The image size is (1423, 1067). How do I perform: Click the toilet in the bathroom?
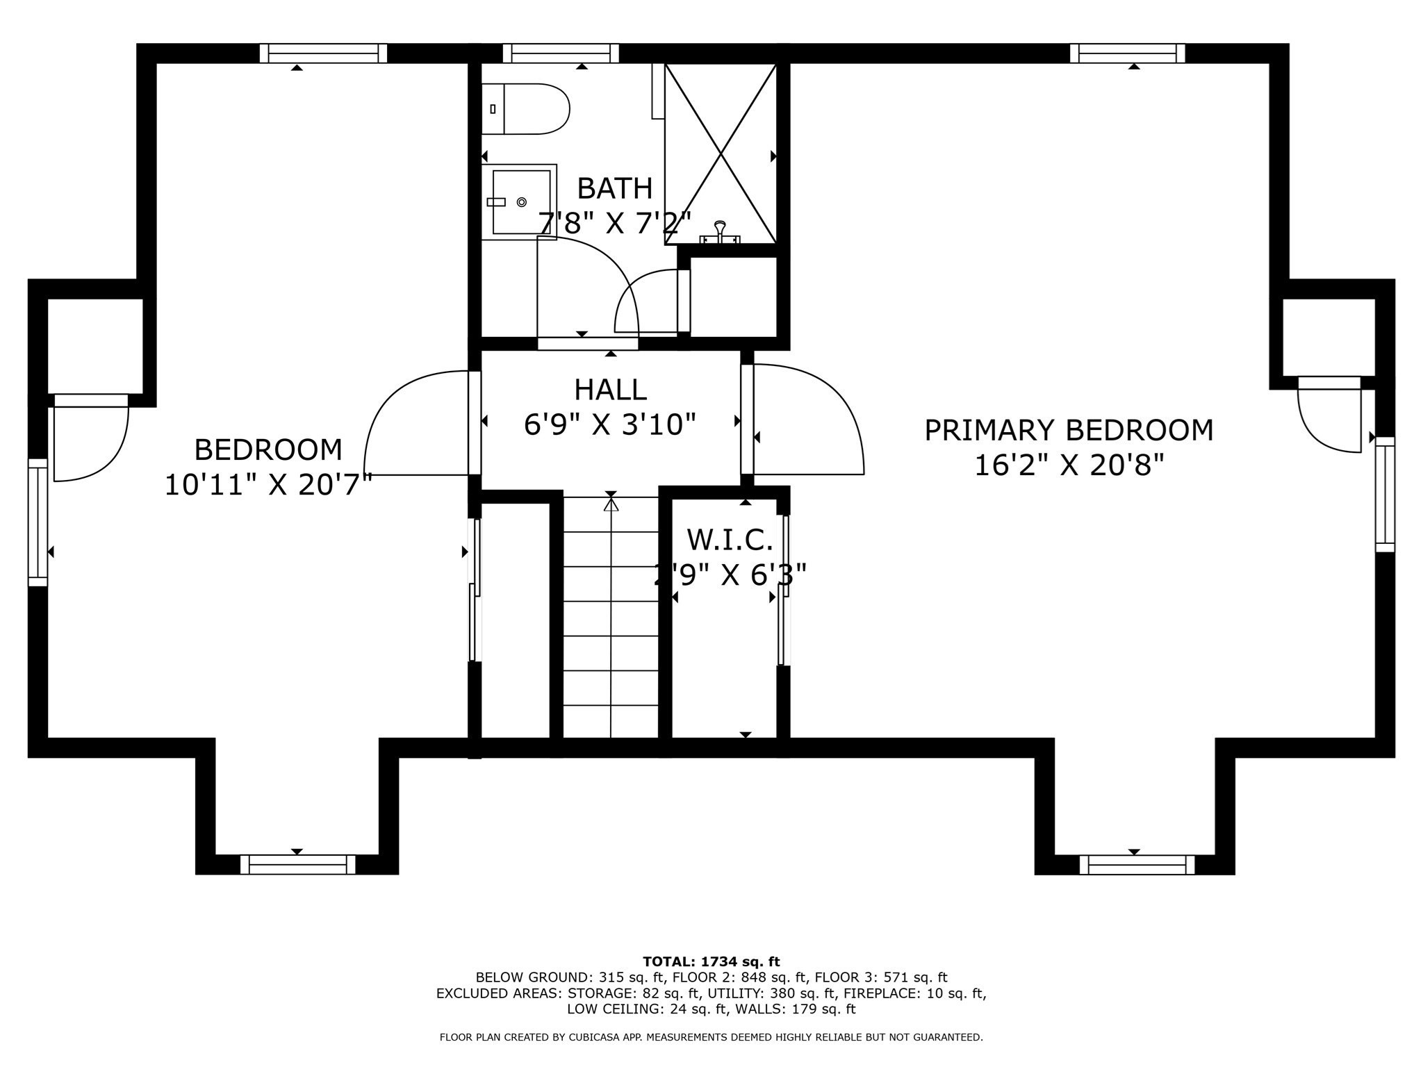(525, 109)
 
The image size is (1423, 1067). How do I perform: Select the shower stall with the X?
(721, 154)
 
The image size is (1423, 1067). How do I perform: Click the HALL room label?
(611, 390)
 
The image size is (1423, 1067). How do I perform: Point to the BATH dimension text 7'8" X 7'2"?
(615, 223)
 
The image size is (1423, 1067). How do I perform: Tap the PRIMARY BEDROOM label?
(1069, 430)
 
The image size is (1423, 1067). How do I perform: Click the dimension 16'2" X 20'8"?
(1069, 465)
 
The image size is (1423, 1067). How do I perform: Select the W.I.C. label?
(730, 540)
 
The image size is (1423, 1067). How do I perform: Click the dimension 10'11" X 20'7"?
(268, 484)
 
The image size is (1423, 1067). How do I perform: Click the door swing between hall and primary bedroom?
(808, 419)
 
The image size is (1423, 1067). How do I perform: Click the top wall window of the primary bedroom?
(1128, 53)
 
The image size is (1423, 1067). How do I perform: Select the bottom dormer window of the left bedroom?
(297, 864)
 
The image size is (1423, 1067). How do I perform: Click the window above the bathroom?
(561, 53)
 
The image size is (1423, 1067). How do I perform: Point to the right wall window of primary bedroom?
(1385, 495)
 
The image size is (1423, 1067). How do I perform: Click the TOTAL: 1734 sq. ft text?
(711, 962)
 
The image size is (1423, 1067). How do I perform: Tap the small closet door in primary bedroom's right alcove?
(1329, 415)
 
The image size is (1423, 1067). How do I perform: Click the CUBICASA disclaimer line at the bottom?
(711, 1037)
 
